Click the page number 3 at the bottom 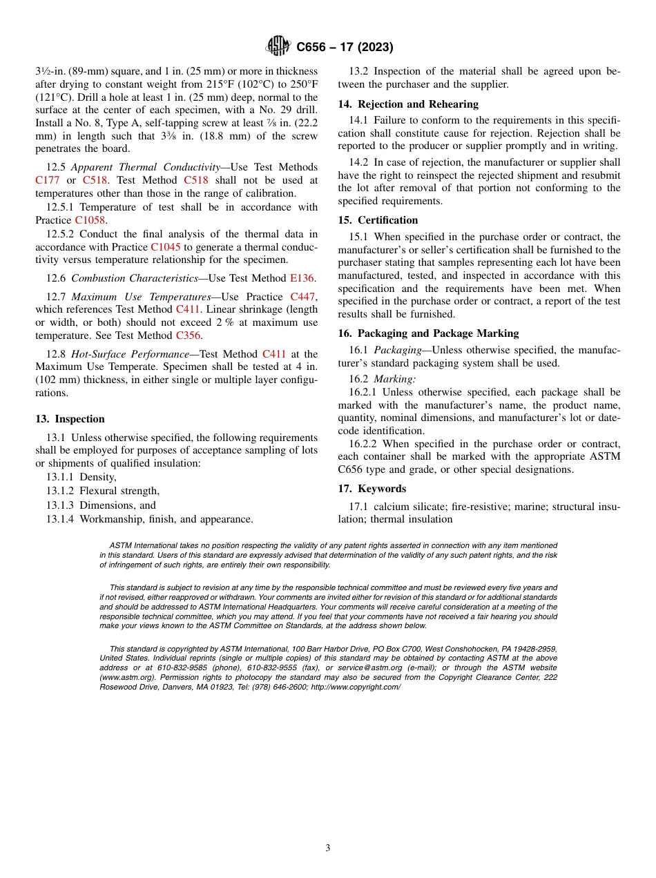328,848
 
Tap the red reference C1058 89,220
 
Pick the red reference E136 301,278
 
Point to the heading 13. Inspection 70,419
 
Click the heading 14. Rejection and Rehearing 407,104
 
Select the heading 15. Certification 378,220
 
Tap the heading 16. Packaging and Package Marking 428,333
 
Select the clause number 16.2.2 364,444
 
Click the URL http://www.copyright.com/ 355,687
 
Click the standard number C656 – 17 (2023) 345,47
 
